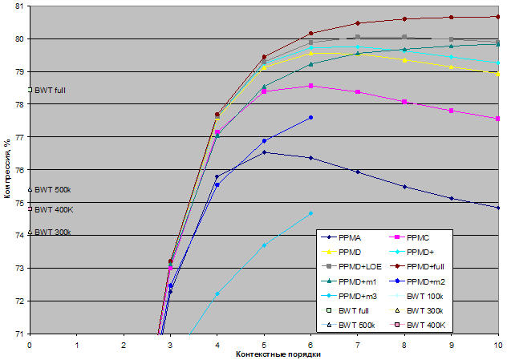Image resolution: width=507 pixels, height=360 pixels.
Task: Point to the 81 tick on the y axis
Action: (x=18, y=6)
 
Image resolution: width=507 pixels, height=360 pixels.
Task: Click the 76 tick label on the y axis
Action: (x=18, y=169)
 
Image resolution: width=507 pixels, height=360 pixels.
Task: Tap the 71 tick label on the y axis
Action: (x=18, y=334)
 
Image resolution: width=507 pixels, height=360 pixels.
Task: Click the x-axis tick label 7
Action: (x=358, y=344)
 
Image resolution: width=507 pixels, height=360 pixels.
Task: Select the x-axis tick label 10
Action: (x=497, y=344)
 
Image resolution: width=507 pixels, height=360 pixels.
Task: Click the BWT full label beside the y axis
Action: (x=49, y=90)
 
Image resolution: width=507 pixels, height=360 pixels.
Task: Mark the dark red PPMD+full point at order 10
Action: (x=498, y=17)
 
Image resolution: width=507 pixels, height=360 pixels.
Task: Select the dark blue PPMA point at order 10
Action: (x=498, y=208)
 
